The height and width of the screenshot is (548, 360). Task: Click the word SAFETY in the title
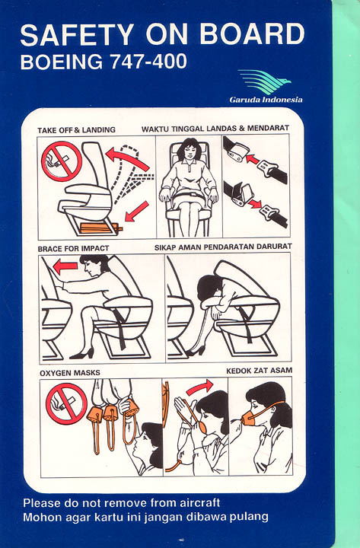tap(77, 34)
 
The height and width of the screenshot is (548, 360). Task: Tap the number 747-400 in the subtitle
tap(148, 61)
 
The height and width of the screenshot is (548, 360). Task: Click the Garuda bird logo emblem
tap(265, 81)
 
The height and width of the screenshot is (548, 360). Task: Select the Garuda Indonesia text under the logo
tap(266, 100)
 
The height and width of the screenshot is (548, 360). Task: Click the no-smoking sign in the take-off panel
tap(62, 161)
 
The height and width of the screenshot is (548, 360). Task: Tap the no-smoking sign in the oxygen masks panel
tap(66, 403)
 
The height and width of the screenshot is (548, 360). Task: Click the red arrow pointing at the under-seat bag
tap(136, 211)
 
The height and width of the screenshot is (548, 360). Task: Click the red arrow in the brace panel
tap(65, 267)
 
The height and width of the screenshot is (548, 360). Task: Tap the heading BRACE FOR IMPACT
tap(73, 248)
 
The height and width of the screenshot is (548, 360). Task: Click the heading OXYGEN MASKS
tap(70, 373)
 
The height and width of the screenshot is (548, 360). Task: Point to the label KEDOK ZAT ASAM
tap(259, 371)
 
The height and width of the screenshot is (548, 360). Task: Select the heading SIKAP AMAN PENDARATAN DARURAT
tap(223, 247)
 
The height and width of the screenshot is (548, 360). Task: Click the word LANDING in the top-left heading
tap(99, 129)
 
